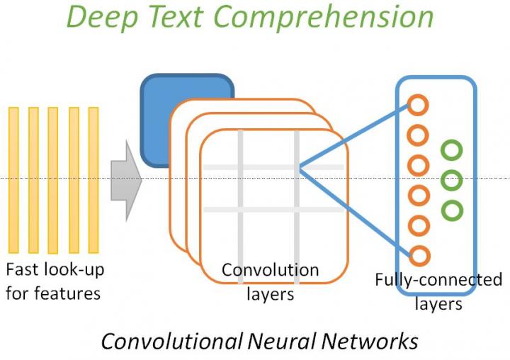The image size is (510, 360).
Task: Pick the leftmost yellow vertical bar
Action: coord(13,179)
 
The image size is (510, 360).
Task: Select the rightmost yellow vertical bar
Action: coord(93,179)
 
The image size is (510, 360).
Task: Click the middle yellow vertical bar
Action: coord(53,179)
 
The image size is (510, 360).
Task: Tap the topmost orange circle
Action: coord(418,106)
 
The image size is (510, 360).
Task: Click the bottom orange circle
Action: coord(418,255)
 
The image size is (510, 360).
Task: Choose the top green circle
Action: coord(451,150)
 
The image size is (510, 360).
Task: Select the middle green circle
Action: coord(451,181)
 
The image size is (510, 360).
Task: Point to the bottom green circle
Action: coord(451,210)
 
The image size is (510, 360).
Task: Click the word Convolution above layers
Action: coord(270,270)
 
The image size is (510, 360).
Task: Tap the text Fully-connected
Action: coord(438,280)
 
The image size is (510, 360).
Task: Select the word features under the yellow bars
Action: coord(69,292)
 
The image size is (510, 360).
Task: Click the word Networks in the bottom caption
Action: coord(368,341)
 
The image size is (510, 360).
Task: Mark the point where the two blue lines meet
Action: coord(300,167)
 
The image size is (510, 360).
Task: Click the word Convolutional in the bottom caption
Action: coord(170,341)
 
